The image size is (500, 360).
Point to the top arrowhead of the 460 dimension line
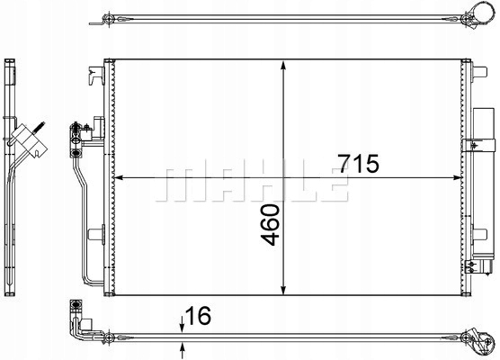click(284, 66)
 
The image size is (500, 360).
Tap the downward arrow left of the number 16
click(183, 322)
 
